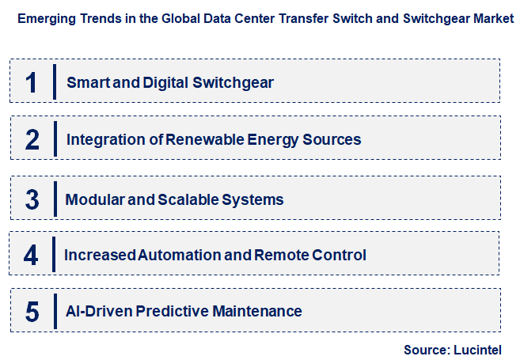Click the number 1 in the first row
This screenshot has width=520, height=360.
pyautogui.click(x=32, y=82)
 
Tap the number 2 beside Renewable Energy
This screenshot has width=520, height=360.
pyautogui.click(x=32, y=139)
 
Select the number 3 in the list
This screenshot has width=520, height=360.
pyautogui.click(x=32, y=199)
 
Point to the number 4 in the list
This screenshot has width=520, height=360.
pyautogui.click(x=31, y=255)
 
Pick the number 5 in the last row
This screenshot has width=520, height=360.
pyautogui.click(x=32, y=312)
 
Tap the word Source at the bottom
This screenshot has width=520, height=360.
pyautogui.click(x=427, y=349)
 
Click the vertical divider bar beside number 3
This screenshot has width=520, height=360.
pyautogui.click(x=55, y=198)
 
